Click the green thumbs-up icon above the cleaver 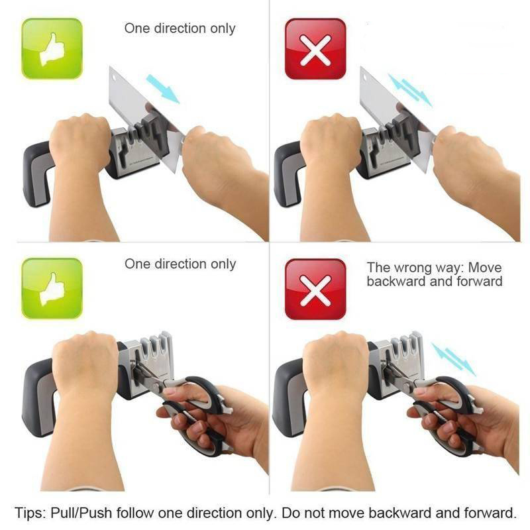coord(52,48)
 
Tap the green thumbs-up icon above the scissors coord(52,288)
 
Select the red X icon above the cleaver coord(315,48)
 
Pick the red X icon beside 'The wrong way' coord(315,289)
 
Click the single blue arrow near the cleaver coord(162,89)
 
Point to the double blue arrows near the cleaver coord(410,89)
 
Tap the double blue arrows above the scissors coord(454,359)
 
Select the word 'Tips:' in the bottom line coord(30,513)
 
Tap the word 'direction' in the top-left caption coord(180,28)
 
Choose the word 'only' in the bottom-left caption coord(223,264)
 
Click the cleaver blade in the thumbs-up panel coord(145,115)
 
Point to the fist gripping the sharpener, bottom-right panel coord(337,365)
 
